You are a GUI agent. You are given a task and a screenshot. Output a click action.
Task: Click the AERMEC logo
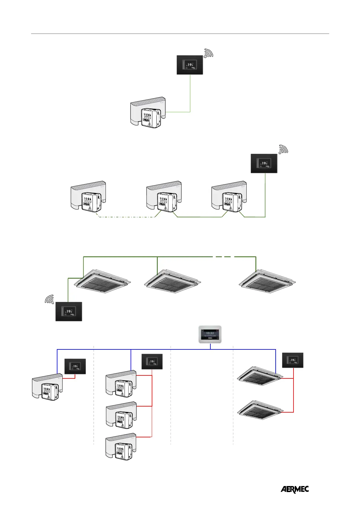tap(295, 489)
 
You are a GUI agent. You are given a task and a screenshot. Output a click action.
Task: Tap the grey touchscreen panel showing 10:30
tap(210, 334)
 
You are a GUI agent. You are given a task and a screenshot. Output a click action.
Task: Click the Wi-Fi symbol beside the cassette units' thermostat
tap(49, 299)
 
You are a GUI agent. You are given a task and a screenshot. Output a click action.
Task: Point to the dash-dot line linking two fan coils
tap(127, 217)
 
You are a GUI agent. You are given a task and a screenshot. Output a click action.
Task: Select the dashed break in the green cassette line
tap(224, 257)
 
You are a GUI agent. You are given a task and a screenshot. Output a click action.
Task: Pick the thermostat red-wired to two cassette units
tap(292, 360)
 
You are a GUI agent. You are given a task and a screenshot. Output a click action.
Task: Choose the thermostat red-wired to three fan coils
tap(152, 361)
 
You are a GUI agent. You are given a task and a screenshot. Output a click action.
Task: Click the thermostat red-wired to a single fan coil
tap(75, 366)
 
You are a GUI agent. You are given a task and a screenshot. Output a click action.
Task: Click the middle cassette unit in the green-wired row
tap(172, 281)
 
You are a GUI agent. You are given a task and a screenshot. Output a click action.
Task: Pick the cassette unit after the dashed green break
tap(267, 281)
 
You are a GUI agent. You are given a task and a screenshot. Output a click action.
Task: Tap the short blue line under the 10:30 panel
tap(210, 346)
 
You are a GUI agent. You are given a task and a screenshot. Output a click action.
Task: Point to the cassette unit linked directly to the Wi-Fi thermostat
tap(103, 281)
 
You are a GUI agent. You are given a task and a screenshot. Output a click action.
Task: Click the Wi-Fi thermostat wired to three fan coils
tap(264, 164)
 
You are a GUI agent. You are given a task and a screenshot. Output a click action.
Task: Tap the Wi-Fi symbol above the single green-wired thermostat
tap(209, 53)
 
